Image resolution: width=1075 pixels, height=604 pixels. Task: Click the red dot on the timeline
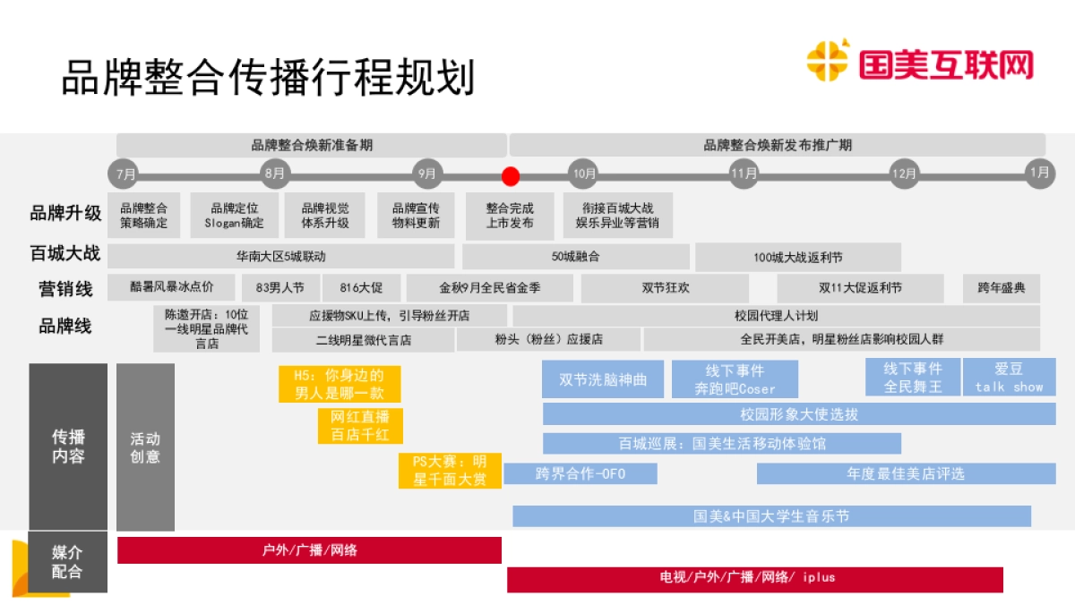click(511, 175)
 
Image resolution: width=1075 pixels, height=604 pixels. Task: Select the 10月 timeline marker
click(584, 174)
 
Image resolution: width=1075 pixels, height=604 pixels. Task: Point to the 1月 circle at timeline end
click(1039, 174)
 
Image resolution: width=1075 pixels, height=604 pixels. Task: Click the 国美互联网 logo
click(920, 64)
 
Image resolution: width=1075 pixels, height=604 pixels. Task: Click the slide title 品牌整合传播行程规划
click(268, 78)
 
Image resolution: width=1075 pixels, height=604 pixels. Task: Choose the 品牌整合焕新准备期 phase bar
click(311, 145)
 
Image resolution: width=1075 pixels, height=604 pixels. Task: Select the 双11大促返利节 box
click(860, 288)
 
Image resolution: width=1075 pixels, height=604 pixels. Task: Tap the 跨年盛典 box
click(1002, 288)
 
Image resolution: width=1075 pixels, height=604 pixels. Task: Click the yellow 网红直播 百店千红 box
click(360, 426)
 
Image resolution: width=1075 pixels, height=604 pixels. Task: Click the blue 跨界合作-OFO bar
click(580, 473)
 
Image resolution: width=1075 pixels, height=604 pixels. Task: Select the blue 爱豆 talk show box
click(1009, 377)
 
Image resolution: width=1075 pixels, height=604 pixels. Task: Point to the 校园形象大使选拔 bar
click(799, 414)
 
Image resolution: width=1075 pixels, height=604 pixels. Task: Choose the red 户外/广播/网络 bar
click(309, 550)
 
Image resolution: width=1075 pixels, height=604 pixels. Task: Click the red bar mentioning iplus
click(754, 578)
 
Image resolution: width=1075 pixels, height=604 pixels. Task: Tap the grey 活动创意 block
click(145, 447)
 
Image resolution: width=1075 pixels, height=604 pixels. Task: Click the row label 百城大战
click(64, 254)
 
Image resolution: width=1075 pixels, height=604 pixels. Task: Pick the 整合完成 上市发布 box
click(509, 216)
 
